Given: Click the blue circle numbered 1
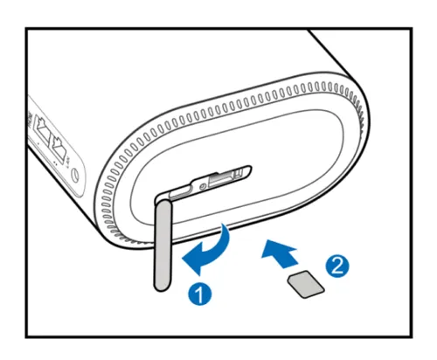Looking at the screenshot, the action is tap(200, 294).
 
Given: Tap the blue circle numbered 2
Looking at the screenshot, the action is tap(336, 266).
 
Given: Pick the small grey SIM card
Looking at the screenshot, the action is tap(306, 284).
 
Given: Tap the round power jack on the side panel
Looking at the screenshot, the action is tap(75, 176).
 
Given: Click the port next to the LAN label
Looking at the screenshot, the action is tap(59, 148).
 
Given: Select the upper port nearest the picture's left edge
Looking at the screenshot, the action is tap(42, 128).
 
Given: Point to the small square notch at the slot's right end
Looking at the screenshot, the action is tap(239, 173).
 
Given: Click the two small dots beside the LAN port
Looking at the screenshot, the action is tap(55, 163).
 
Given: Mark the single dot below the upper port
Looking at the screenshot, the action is tap(38, 143).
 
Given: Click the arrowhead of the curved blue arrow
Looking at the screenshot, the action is tap(192, 260).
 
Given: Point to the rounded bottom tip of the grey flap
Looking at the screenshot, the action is tap(161, 288).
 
